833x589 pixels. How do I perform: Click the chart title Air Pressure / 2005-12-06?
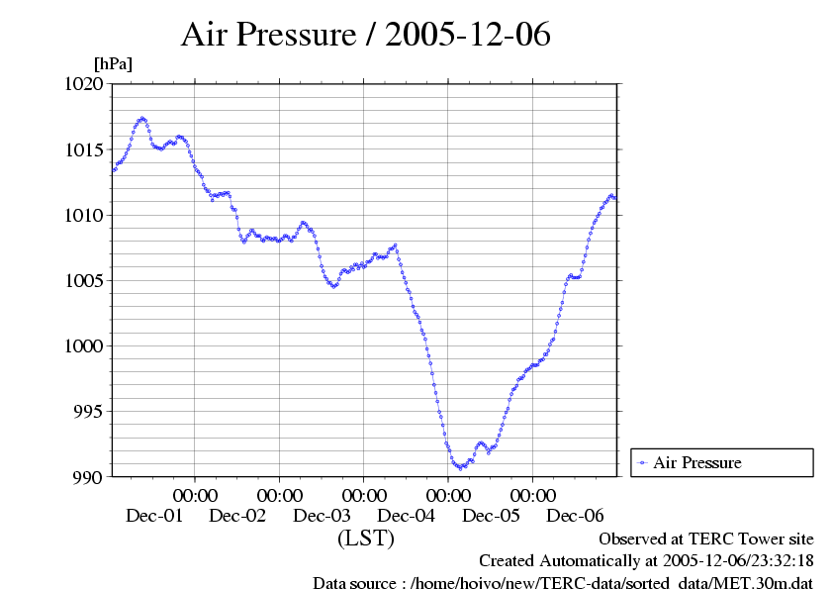[x=365, y=36]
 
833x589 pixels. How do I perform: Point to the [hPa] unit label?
[x=112, y=63]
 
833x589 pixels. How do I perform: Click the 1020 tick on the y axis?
[x=85, y=85]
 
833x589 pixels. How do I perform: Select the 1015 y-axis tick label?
[x=85, y=150]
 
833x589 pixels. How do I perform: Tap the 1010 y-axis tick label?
[x=85, y=216]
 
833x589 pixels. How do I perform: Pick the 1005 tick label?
[x=85, y=281]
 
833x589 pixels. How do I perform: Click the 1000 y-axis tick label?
[x=85, y=346]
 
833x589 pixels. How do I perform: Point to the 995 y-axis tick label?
[x=89, y=412]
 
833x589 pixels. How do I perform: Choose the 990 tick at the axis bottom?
[x=89, y=477]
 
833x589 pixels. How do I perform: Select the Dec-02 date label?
[x=237, y=516]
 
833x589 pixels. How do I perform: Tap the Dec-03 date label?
[x=323, y=516]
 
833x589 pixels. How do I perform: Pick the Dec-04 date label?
[x=407, y=516]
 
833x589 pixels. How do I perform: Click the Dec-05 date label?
[x=491, y=516]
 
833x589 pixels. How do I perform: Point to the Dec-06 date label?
[x=576, y=516]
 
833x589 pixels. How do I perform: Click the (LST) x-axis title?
[x=365, y=540]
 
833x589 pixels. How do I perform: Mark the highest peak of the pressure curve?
[x=142, y=119]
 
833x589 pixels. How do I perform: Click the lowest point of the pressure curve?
[x=461, y=466]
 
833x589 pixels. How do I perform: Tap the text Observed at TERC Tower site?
[x=706, y=540]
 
